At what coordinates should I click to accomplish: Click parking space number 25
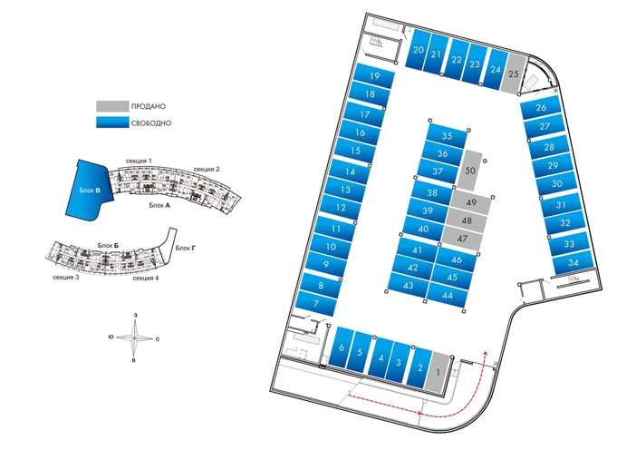point(514,73)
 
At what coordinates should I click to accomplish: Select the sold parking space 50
point(470,170)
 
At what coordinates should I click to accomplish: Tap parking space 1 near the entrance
point(439,370)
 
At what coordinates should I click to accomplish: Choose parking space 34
point(573,263)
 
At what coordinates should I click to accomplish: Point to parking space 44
point(447,296)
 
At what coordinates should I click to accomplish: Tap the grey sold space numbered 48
point(467,220)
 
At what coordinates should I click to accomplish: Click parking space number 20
point(418,53)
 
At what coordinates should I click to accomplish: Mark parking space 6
point(341,349)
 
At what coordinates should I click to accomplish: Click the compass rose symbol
point(136,337)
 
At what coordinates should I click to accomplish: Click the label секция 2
point(207,170)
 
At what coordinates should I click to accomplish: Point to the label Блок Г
point(186,247)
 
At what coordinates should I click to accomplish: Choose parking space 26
point(541,108)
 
